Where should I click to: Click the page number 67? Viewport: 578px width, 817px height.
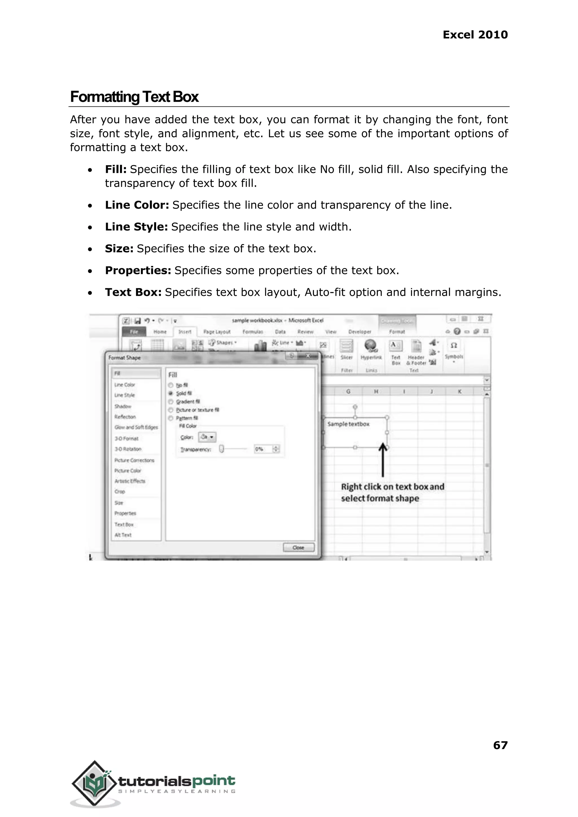pyautogui.click(x=500, y=745)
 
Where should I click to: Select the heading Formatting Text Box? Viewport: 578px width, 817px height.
pyautogui.click(x=134, y=97)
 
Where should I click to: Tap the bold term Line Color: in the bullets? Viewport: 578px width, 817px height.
pyautogui.click(x=137, y=205)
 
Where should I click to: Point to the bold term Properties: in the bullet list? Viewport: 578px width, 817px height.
pyautogui.click(x=138, y=270)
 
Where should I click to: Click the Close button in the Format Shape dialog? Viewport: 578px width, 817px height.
pyautogui.click(x=299, y=547)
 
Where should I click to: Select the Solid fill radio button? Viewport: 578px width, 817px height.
pyautogui.click(x=171, y=393)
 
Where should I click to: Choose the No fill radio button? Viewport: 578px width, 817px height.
pyautogui.click(x=171, y=385)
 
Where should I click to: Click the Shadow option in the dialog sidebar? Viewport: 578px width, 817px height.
pyautogui.click(x=123, y=406)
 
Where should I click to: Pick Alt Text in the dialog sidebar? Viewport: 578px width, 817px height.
pyautogui.click(x=123, y=535)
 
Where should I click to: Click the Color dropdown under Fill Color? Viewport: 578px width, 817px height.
pyautogui.click(x=207, y=437)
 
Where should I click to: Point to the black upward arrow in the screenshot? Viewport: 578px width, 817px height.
pyautogui.click(x=383, y=459)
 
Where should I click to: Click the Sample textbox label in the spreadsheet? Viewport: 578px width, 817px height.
pyautogui.click(x=348, y=424)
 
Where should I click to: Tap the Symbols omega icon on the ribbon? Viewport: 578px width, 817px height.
pyautogui.click(x=454, y=346)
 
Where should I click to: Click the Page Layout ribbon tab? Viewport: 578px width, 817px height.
pyautogui.click(x=217, y=332)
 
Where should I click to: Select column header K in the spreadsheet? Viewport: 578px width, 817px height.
pyautogui.click(x=459, y=392)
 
